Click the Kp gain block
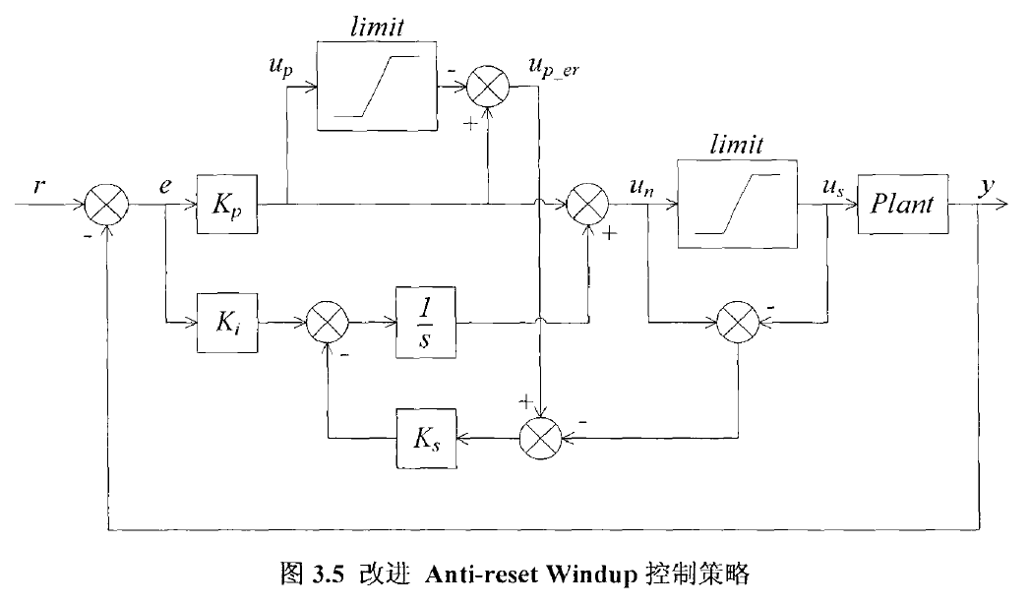[226, 206]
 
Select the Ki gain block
[226, 321]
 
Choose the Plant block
[902, 206]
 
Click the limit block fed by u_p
[378, 88]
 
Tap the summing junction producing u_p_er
[488, 88]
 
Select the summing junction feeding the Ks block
[539, 434]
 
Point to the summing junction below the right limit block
[738, 321]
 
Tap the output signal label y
[984, 185]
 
